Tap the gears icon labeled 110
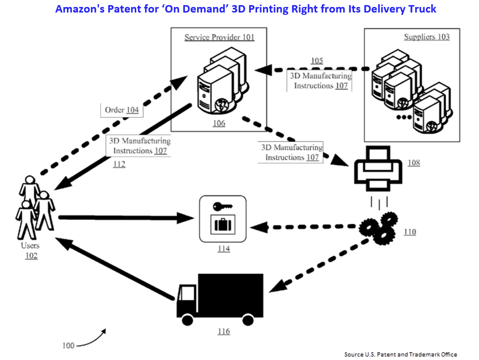click(x=379, y=228)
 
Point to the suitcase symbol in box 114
click(x=222, y=225)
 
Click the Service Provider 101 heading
click(x=219, y=37)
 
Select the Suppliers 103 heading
click(x=427, y=37)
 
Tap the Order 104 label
click(x=122, y=110)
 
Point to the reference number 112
click(x=119, y=164)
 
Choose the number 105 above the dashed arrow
click(x=317, y=61)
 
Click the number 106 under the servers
click(x=219, y=123)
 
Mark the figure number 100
click(x=68, y=345)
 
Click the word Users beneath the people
click(x=30, y=246)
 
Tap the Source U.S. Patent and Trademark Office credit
click(x=400, y=354)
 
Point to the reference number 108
click(x=413, y=163)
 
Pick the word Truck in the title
click(x=422, y=8)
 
